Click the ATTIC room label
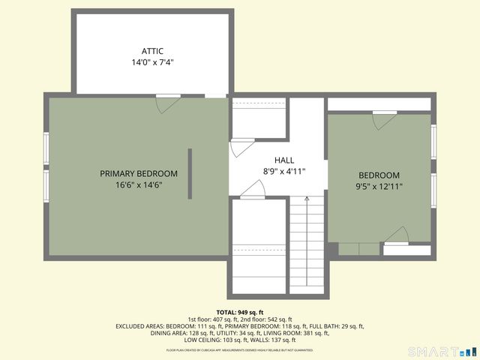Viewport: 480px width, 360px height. [152, 51]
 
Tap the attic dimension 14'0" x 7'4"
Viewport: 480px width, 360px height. [152, 63]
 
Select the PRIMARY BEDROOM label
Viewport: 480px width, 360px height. [139, 173]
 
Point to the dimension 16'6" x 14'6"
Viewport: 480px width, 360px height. [139, 184]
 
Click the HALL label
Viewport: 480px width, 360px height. [284, 160]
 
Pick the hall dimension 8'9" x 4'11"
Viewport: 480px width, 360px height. [284, 171]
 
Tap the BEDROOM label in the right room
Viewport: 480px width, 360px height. [379, 175]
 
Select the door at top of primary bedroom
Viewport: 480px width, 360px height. [167, 102]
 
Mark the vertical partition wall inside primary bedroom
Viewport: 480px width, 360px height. [190, 173]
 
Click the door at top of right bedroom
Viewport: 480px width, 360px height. [384, 118]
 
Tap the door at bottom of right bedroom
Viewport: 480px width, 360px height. [396, 236]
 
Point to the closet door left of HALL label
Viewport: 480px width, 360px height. [240, 146]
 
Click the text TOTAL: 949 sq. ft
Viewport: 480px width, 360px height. [239, 312]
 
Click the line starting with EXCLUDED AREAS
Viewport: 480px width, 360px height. [239, 326]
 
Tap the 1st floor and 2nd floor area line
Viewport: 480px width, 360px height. [239, 319]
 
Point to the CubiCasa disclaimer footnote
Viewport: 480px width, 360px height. [239, 349]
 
